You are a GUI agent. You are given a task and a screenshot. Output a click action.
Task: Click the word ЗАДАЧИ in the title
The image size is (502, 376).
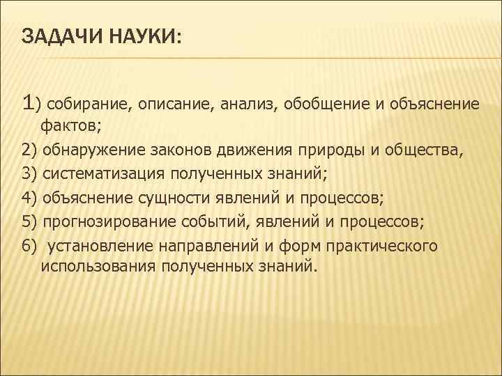59,36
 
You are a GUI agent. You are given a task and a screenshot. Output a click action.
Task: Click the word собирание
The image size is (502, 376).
86,104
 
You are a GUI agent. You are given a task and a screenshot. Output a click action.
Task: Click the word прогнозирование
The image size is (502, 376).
102,221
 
